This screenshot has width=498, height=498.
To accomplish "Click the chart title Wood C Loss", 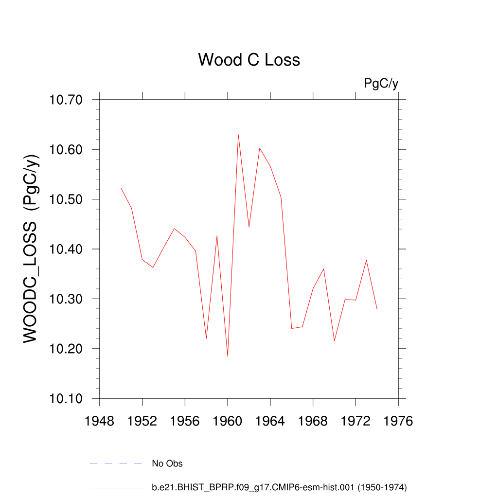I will (249, 60).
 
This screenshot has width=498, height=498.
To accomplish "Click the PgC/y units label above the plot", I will (381, 84).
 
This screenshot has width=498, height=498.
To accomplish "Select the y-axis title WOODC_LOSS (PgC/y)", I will (31, 249).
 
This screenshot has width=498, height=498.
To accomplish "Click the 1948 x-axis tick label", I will (99, 421).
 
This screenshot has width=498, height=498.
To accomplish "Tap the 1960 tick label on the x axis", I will (228, 421).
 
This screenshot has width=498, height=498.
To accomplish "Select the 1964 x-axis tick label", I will (270, 421).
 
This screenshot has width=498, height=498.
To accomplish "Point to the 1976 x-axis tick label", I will (398, 421).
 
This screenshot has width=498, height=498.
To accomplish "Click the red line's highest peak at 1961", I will (238, 134).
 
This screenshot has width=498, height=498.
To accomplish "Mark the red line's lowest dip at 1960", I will (228, 356).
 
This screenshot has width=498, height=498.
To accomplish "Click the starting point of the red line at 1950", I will (121, 188).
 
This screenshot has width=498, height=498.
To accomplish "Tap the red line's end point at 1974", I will (377, 309).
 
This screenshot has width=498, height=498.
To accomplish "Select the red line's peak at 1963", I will (260, 148).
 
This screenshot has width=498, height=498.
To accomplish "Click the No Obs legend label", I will (167, 463).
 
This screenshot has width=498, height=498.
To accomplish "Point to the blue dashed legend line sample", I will (116, 463).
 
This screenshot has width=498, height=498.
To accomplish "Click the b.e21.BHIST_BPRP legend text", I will (279, 487).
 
